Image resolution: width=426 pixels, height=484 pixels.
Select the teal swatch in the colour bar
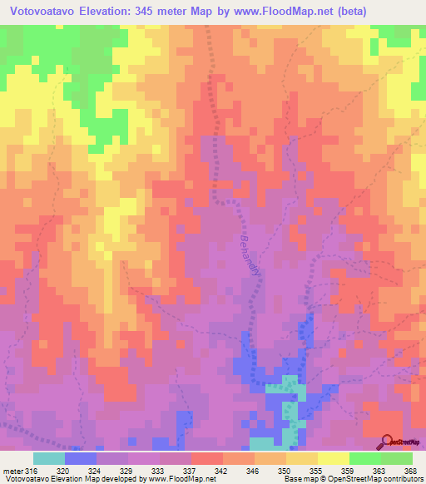click(x=49, y=458)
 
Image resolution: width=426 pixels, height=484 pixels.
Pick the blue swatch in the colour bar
click(x=81, y=458)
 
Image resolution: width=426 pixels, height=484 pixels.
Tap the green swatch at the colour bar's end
click(x=397, y=458)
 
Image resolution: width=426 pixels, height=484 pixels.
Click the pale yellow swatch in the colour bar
click(x=334, y=458)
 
